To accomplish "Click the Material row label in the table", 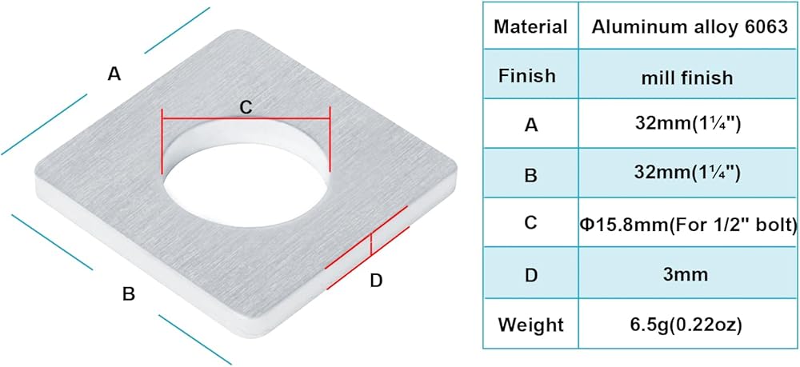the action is (x=530, y=26).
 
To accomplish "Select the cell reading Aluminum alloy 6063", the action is (x=688, y=26).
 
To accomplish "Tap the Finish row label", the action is (x=526, y=76).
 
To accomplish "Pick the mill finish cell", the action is (x=687, y=77).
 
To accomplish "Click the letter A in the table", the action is (x=530, y=126).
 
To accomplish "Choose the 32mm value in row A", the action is (x=687, y=126).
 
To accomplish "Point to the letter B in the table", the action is (x=530, y=175).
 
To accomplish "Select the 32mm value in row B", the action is (x=687, y=175).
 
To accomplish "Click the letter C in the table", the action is (x=530, y=224).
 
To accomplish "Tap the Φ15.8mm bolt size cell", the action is (x=687, y=224).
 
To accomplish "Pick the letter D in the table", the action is (x=530, y=274).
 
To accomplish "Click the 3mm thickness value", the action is (x=687, y=274).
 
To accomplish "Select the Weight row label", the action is (x=530, y=325).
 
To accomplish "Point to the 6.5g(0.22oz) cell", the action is (x=687, y=325).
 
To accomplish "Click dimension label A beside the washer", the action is (x=114, y=74).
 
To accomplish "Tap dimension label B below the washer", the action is (x=128, y=294).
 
